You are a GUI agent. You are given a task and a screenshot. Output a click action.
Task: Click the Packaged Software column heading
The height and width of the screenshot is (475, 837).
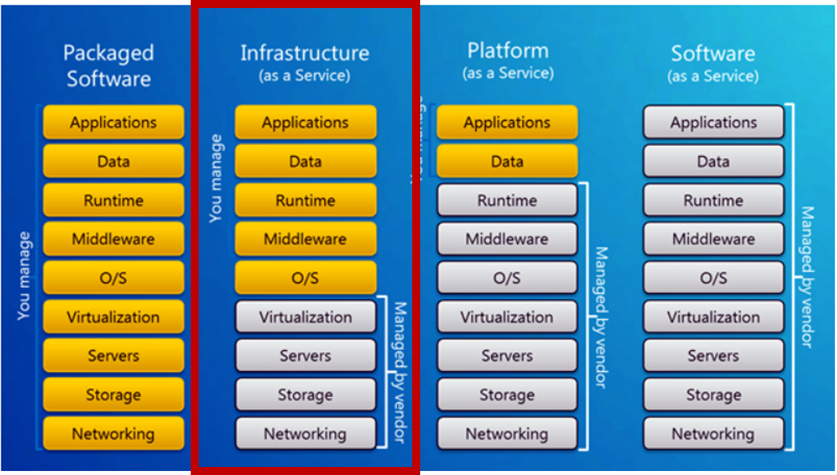(109, 65)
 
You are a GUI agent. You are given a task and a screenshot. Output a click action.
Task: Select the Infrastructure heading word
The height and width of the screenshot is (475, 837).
(304, 53)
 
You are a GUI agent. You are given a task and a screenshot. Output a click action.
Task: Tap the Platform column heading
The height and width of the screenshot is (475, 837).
(508, 51)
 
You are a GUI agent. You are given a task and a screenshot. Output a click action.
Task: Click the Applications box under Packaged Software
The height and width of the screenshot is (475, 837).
(113, 123)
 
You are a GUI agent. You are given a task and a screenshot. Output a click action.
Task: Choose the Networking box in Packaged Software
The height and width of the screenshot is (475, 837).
(113, 434)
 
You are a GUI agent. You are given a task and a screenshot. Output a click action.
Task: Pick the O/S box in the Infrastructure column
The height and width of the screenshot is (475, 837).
(305, 278)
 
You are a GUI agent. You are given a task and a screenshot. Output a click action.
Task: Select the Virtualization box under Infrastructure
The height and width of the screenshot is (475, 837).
(305, 317)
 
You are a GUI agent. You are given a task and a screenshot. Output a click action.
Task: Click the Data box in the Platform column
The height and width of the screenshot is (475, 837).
(507, 161)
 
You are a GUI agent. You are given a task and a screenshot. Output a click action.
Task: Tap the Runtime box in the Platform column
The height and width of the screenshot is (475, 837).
(507, 200)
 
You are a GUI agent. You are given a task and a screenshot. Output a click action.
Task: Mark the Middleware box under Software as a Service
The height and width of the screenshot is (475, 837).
(713, 239)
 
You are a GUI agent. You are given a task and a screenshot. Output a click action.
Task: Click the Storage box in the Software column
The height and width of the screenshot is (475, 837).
(713, 395)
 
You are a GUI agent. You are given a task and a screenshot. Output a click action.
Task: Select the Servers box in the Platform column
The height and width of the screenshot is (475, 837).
(507, 356)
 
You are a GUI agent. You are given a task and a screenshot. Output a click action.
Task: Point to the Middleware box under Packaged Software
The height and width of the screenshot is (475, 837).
(113, 239)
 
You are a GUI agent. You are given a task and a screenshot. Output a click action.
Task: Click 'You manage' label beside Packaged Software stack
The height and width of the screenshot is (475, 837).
(24, 276)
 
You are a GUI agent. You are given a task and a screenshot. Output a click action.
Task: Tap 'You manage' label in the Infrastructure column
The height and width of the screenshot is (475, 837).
(215, 178)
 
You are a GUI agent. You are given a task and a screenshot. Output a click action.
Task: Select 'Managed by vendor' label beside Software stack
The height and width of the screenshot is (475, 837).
(807, 276)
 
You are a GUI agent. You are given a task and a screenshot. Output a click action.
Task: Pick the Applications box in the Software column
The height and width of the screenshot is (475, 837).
(713, 123)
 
